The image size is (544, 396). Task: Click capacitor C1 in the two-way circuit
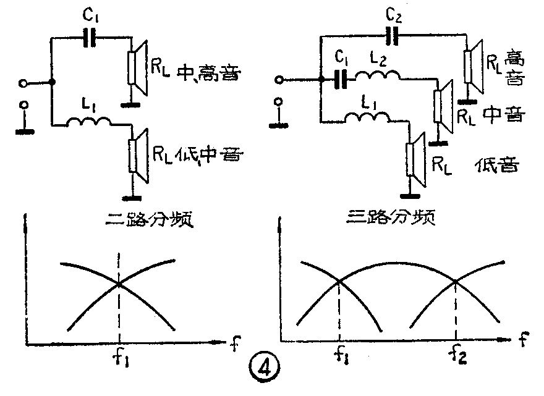tap(91, 39)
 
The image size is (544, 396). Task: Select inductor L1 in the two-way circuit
tap(90, 122)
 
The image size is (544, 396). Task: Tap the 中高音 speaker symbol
tap(137, 67)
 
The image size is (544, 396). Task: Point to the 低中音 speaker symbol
tap(137, 156)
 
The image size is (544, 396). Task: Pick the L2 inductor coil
tap(380, 76)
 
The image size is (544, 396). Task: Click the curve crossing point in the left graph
tap(119, 285)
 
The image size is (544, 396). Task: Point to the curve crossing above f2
tap(456, 281)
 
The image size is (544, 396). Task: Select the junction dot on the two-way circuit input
tap(52, 82)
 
